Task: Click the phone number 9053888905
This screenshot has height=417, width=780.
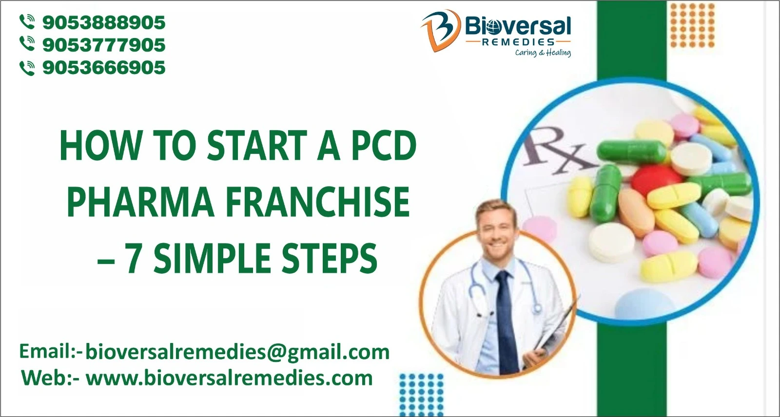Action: point(104,22)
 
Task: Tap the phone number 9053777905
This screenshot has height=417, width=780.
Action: point(104,45)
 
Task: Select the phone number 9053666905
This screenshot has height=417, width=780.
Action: point(104,67)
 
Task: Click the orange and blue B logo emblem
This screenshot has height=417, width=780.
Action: point(440,30)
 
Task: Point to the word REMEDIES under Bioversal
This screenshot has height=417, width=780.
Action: point(518,42)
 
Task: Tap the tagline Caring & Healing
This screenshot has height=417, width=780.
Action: point(543,53)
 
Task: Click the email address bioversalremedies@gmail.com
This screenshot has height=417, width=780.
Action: point(237,352)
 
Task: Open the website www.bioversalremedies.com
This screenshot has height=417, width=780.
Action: point(229,378)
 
